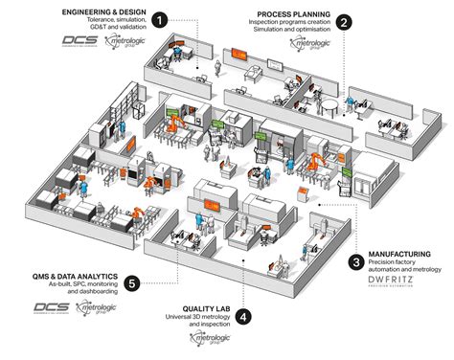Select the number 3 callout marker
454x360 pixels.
point(355,259)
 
